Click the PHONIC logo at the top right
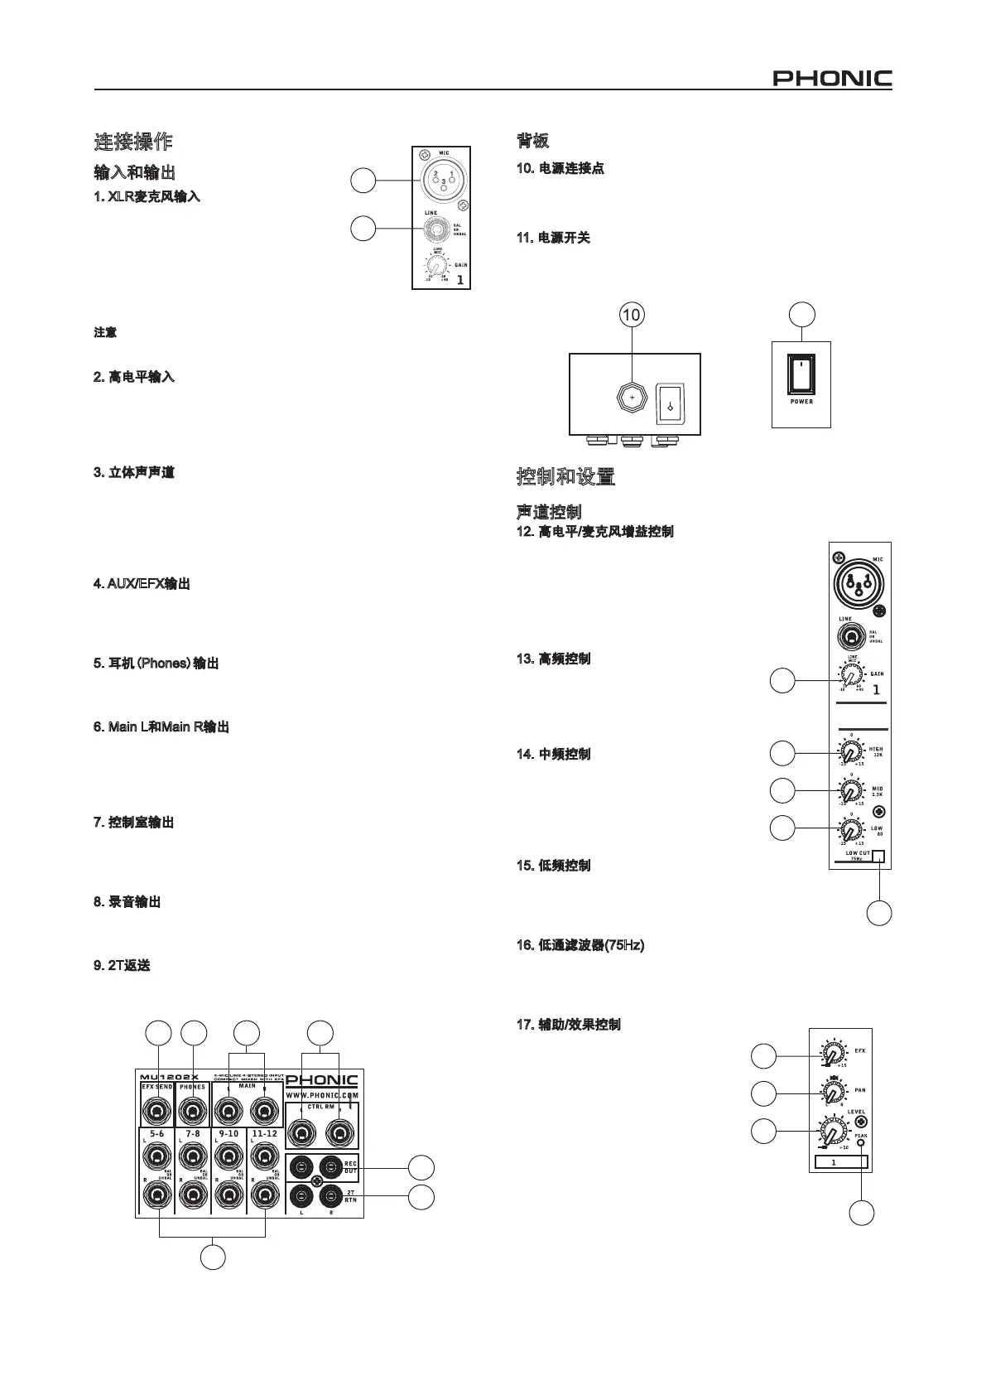click(x=832, y=79)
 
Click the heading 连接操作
click(x=133, y=142)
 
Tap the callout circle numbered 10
click(x=632, y=315)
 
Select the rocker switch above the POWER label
click(x=801, y=374)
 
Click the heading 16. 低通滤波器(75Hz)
click(x=580, y=945)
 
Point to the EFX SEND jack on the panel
click(x=156, y=1110)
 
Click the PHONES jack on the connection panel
click(x=192, y=1110)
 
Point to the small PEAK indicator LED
click(x=862, y=1144)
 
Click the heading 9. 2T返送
click(x=123, y=966)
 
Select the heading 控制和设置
click(x=565, y=477)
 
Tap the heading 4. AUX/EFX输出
click(x=142, y=584)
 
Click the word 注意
click(x=105, y=333)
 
